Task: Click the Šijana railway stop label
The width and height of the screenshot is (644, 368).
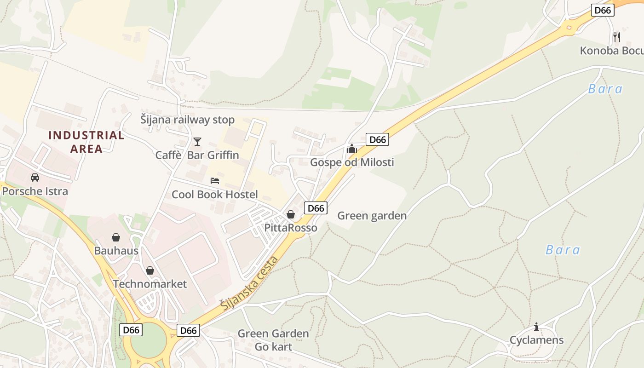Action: [x=188, y=120]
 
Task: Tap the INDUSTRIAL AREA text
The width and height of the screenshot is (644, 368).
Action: [x=86, y=142]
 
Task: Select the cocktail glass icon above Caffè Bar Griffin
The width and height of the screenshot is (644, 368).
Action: [x=197, y=141]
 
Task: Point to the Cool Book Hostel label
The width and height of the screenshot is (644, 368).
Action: [x=215, y=195]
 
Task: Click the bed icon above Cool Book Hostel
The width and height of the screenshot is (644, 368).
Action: [x=215, y=180]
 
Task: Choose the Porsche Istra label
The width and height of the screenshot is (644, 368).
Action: [x=35, y=191]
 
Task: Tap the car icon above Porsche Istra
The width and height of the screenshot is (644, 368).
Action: [x=35, y=178]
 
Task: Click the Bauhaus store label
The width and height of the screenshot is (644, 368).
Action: [x=116, y=251]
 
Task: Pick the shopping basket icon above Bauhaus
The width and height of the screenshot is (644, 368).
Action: [x=116, y=237]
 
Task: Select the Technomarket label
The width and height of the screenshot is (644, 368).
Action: [x=150, y=284]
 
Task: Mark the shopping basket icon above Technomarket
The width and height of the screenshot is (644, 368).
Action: [x=150, y=270]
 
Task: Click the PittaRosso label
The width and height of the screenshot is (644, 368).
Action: [x=291, y=228]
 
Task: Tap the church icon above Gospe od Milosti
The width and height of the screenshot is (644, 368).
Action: [x=352, y=149]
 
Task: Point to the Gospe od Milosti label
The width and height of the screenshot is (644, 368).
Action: [x=352, y=162]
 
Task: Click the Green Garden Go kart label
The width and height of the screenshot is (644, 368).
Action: [x=273, y=340]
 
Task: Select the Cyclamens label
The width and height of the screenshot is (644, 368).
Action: [x=536, y=340]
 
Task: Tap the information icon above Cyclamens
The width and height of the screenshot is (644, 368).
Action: [x=536, y=327]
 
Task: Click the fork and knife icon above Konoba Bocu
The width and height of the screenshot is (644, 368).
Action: [x=617, y=37]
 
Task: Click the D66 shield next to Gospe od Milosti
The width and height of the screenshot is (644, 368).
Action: [x=377, y=139]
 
